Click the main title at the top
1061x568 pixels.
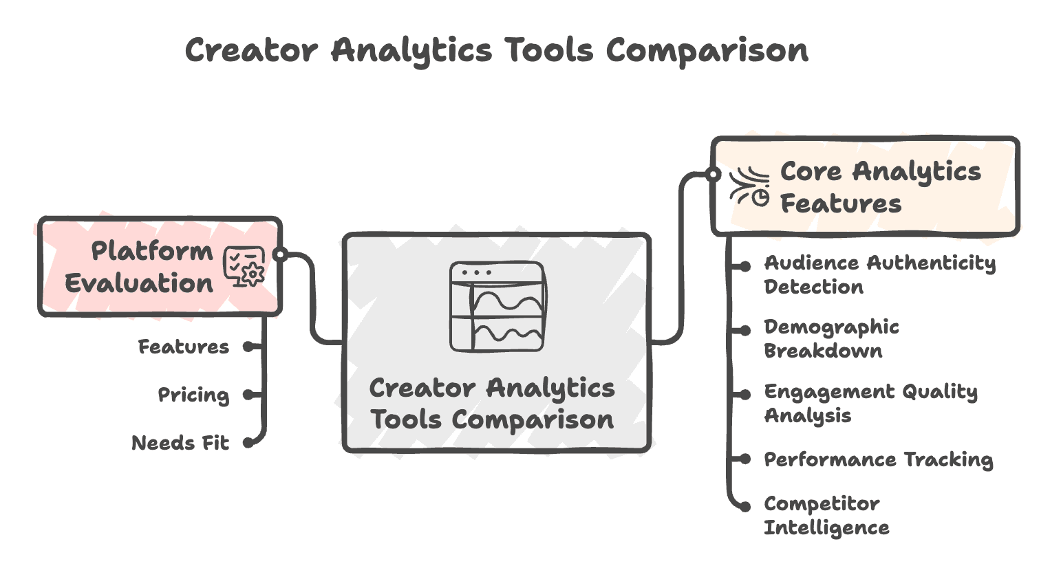pos(496,51)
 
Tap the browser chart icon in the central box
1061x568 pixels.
pos(497,307)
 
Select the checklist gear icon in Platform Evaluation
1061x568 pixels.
pos(244,267)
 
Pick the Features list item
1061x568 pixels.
pos(184,347)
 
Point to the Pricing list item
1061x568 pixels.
pos(193,395)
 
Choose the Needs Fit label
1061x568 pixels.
pos(180,443)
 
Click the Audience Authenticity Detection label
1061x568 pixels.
pos(879,274)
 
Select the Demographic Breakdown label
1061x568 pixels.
pos(831,338)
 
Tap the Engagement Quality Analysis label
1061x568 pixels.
pos(870,403)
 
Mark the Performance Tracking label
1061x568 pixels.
pos(878,459)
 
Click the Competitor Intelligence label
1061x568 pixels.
pos(826,516)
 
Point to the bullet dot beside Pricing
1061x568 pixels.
pos(248,395)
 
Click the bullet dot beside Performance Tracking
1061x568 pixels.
pos(744,459)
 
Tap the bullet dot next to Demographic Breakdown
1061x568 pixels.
pos(744,331)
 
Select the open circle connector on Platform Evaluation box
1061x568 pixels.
pos(279,254)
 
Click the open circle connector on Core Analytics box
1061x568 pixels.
pos(714,174)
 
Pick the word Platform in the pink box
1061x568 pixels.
pos(152,251)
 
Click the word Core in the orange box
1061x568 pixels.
pos(811,171)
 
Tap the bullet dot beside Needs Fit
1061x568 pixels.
pos(248,443)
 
